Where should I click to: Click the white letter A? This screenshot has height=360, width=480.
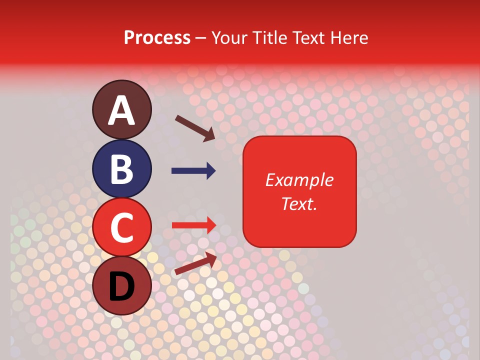coord(122,111)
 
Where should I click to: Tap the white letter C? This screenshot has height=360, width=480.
coord(122,227)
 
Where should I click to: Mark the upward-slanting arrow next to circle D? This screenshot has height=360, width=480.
coord(195,263)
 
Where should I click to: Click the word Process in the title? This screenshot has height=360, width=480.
coord(157,38)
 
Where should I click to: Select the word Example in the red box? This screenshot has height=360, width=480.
coord(299,180)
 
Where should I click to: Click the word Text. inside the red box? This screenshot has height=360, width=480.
coord(299,203)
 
